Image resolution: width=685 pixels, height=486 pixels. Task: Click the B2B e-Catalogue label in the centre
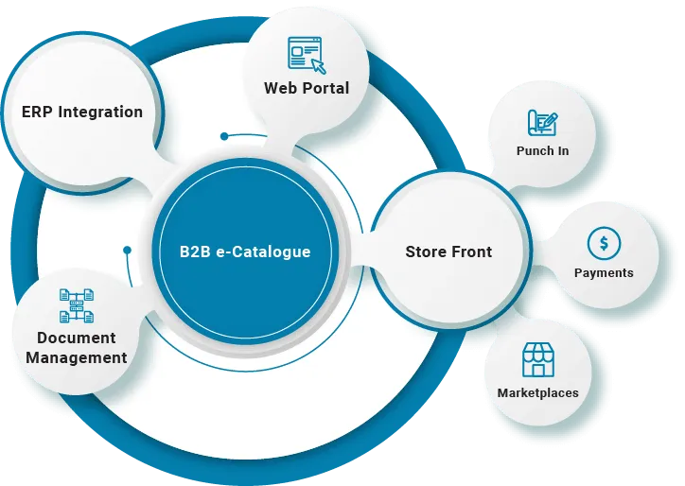tap(245, 252)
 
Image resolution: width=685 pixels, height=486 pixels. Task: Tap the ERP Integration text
tap(82, 112)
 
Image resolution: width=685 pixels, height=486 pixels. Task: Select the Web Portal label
tap(306, 88)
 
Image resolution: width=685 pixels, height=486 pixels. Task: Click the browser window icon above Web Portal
tap(307, 53)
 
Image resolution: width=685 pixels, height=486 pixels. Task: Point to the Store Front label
tap(448, 252)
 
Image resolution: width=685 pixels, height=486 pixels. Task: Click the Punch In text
tap(542, 151)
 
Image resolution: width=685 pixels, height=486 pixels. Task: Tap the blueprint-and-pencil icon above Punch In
tap(542, 123)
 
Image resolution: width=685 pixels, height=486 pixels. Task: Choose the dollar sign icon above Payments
tap(604, 243)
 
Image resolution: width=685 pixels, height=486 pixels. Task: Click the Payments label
tap(604, 273)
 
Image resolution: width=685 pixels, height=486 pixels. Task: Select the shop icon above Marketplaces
tap(537, 360)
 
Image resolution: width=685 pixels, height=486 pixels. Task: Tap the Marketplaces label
tap(537, 392)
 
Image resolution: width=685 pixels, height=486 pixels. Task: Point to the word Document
tap(77, 338)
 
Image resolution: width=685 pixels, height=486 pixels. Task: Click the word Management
tap(77, 357)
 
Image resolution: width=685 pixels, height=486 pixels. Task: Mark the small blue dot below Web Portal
tap(224, 136)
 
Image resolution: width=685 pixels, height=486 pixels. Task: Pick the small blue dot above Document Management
tap(127, 251)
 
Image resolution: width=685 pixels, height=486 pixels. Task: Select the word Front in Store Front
tap(472, 252)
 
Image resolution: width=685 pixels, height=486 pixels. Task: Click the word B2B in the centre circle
tap(197, 252)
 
